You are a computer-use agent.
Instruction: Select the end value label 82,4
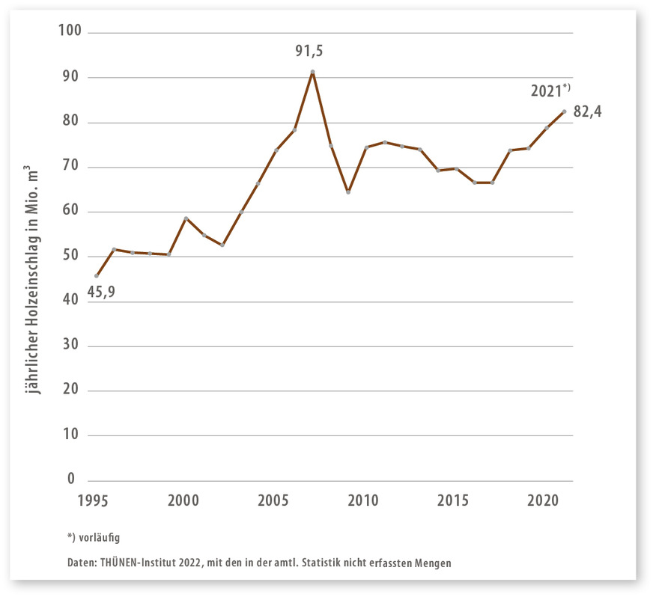(x=588, y=112)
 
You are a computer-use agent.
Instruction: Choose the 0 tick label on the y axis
(x=72, y=479)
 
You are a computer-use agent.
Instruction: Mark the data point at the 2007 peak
(x=312, y=72)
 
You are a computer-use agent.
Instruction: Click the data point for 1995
(x=97, y=276)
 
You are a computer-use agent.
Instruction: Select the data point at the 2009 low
(x=348, y=192)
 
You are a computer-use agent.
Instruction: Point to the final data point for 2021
(x=564, y=111)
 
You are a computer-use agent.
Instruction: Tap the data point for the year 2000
(x=186, y=218)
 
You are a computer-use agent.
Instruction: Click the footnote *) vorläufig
(x=94, y=536)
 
